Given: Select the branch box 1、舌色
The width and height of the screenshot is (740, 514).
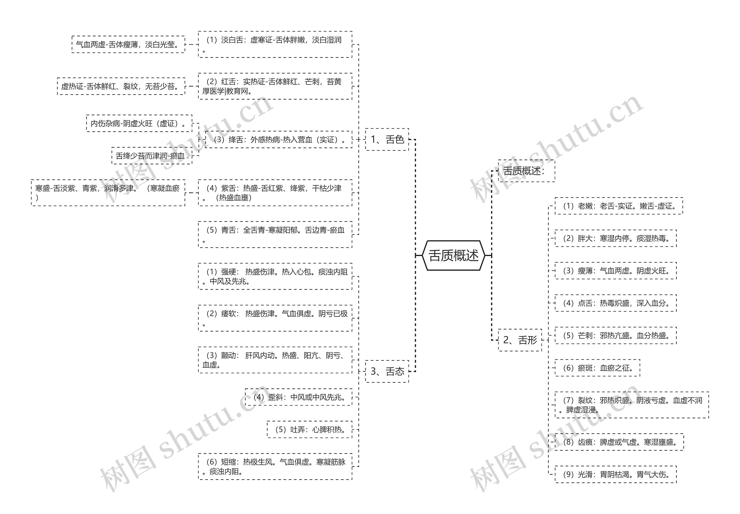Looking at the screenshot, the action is [x=387, y=139].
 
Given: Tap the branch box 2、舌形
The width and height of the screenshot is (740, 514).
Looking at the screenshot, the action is [x=520, y=340].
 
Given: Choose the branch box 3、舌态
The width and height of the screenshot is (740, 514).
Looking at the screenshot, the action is [x=387, y=371].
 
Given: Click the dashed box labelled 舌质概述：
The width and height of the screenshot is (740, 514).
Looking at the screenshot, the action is [x=526, y=171].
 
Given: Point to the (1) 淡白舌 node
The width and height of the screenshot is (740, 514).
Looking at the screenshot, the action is [x=275, y=45].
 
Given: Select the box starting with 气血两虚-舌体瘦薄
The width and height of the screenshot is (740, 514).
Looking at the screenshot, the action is [x=128, y=45].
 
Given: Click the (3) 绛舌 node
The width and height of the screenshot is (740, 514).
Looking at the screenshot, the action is [x=278, y=139].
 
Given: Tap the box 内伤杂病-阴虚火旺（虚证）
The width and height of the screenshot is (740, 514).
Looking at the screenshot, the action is [x=139, y=123].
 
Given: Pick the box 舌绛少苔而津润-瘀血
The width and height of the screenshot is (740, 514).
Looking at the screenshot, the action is [x=151, y=156].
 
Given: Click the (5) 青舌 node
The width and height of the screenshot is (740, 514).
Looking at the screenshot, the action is [x=275, y=235].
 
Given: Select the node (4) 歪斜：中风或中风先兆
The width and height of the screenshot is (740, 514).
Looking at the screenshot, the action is [x=298, y=397].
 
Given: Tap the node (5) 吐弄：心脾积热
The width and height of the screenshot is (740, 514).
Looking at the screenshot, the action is [x=309, y=429].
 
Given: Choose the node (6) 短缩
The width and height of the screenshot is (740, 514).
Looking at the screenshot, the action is [x=275, y=466].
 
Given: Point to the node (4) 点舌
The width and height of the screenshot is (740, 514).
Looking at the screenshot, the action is [x=615, y=303].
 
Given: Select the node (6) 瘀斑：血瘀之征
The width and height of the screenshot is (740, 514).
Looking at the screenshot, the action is [x=597, y=368].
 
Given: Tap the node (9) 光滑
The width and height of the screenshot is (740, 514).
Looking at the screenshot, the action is [x=615, y=474].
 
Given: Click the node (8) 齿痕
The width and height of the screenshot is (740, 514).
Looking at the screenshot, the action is [x=619, y=442].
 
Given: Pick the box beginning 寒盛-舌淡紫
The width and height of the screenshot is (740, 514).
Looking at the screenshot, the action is [x=108, y=193].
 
